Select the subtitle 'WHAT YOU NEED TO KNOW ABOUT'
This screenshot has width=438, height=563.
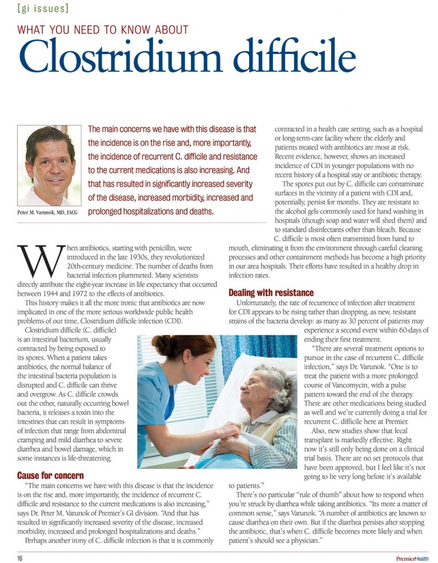[103, 30]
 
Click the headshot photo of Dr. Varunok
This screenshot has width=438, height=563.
[50, 165]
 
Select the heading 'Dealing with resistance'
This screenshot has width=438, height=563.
[271, 292]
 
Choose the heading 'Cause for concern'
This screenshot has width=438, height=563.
[50, 475]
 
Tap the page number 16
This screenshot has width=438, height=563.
[19, 558]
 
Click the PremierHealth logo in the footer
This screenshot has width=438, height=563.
[412, 558]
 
